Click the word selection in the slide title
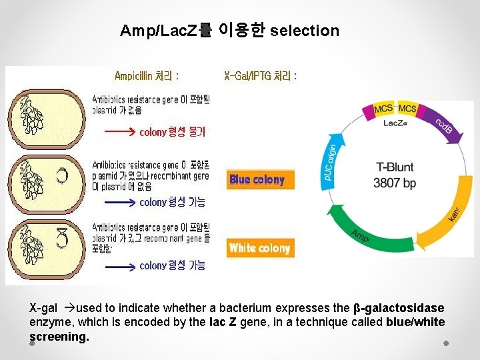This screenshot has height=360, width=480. point(305,31)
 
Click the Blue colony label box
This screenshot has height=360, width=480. point(259,179)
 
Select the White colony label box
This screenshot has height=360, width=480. point(259,248)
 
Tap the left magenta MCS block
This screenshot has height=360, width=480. point(383,110)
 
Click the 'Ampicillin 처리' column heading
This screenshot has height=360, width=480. point(146,76)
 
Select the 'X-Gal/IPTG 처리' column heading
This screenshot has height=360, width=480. point(260,76)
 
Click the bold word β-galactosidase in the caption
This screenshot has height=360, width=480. point(398,308)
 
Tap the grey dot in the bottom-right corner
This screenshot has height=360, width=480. point(446,343)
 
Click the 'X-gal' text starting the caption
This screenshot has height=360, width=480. point(44,308)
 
